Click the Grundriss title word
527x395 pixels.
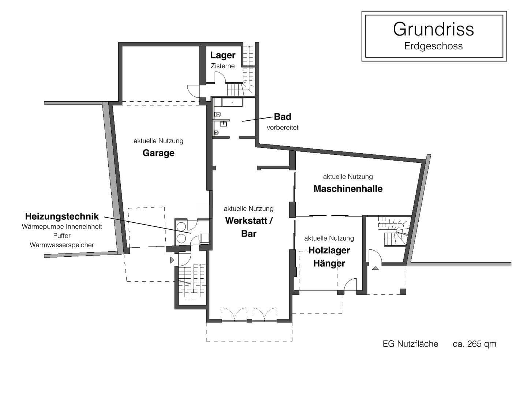[x=433, y=29]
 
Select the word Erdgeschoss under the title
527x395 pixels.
[x=433, y=46]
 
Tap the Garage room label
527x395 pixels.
[x=158, y=153]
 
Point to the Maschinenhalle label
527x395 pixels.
[x=348, y=189]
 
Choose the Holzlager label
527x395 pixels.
[x=329, y=251]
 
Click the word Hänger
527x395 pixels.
[x=329, y=263]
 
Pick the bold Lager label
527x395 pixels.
[x=223, y=55]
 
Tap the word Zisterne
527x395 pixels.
[x=223, y=66]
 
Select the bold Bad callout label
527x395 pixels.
[x=283, y=117]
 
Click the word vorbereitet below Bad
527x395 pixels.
[x=283, y=128]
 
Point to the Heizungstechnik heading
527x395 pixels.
[x=62, y=216]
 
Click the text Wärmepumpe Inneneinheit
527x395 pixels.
[x=62, y=227]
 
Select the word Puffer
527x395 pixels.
[x=62, y=236]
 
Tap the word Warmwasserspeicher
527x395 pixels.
[x=62, y=245]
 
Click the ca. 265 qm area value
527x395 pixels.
[x=474, y=344]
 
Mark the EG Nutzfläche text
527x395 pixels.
[x=410, y=344]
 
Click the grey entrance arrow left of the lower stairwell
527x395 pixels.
[x=172, y=260]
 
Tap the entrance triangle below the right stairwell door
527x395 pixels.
[x=375, y=268]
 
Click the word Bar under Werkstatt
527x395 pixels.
[x=249, y=234]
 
